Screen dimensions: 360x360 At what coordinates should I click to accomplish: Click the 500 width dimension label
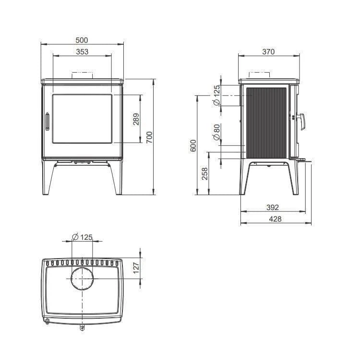point(82,40)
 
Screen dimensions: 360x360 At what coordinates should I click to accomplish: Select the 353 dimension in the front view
point(82,52)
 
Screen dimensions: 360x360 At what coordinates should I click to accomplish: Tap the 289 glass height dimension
point(136,119)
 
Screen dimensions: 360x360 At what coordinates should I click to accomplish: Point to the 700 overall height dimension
point(149,137)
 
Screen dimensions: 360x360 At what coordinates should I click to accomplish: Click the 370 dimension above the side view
point(269,52)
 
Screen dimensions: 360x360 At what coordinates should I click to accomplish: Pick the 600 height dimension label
point(193,146)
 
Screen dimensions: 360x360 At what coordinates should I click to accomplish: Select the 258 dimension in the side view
point(205,174)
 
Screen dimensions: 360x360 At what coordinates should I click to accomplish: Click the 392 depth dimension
point(272,208)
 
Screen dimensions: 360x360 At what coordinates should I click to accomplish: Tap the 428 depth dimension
point(276,219)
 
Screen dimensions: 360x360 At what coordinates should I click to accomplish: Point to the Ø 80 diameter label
point(216,132)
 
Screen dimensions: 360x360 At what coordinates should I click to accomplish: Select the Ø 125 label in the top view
point(82,237)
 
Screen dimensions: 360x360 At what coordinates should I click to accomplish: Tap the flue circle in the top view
point(83,279)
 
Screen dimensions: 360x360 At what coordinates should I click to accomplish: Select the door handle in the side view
point(301,122)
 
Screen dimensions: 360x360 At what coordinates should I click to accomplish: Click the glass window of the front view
point(82,119)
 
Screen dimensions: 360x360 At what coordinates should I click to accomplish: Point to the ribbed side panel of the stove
point(266,121)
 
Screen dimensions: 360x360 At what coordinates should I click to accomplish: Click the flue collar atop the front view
point(82,75)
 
